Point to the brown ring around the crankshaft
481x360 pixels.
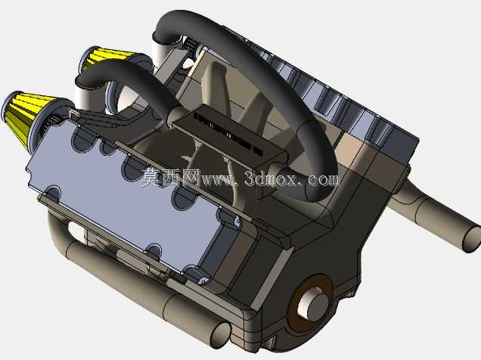tap(310, 303)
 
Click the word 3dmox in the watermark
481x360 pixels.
tap(272, 178)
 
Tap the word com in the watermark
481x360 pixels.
tap(324, 180)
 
